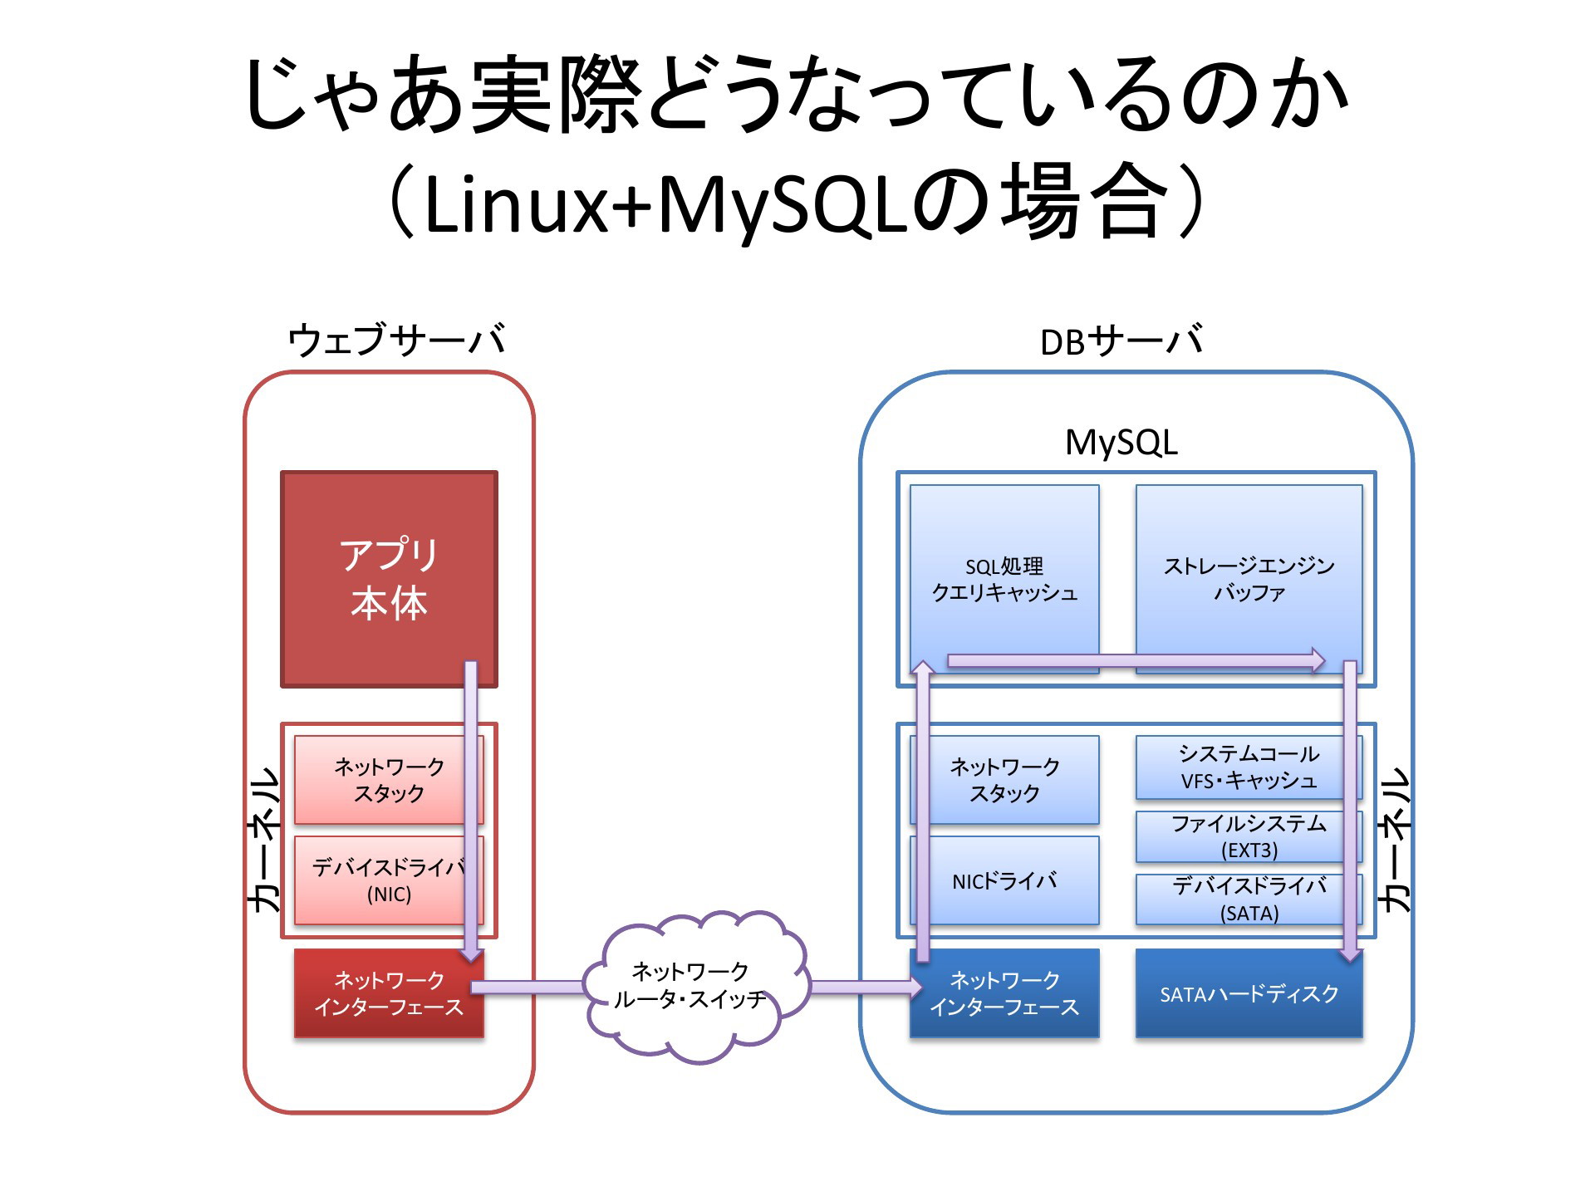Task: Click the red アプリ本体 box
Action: point(389,579)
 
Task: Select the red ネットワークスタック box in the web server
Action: point(389,779)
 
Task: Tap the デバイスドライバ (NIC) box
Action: point(389,880)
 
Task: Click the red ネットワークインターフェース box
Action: point(389,993)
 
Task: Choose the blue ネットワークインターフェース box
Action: point(1004,993)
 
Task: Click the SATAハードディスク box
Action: point(1249,993)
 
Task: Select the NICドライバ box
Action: point(1004,880)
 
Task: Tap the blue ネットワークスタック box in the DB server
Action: point(1004,779)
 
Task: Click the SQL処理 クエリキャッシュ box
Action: point(1004,579)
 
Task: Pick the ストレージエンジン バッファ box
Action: point(1249,579)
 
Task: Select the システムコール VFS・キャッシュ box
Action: point(1249,767)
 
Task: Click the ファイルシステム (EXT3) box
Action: point(1249,836)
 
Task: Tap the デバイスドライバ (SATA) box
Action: point(1249,899)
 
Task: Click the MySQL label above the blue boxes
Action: point(1121,443)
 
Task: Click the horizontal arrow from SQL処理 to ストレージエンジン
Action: point(1136,660)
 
